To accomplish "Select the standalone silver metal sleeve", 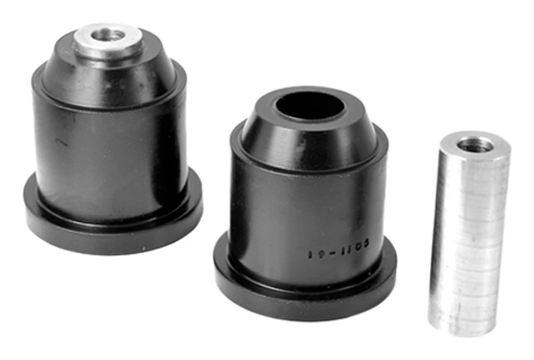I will pyautogui.click(x=467, y=234).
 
